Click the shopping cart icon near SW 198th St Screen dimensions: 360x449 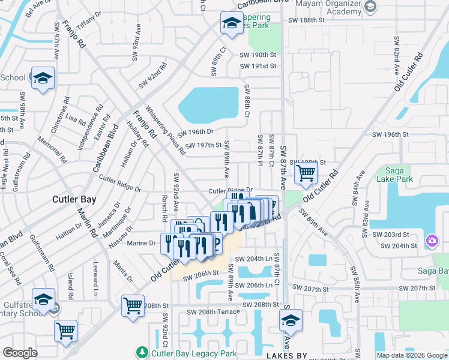coord(306,173)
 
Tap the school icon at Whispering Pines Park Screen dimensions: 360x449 coord(231,23)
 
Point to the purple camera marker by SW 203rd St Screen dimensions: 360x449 coord(432,241)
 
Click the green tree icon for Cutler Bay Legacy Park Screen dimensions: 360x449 coord(142,351)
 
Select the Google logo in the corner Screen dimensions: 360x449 coord(20,353)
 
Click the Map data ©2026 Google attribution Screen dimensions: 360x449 coord(412,355)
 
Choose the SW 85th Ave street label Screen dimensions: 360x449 coord(314,222)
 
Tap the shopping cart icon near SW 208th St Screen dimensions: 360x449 coord(132,305)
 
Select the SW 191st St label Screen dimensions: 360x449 coord(258,67)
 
